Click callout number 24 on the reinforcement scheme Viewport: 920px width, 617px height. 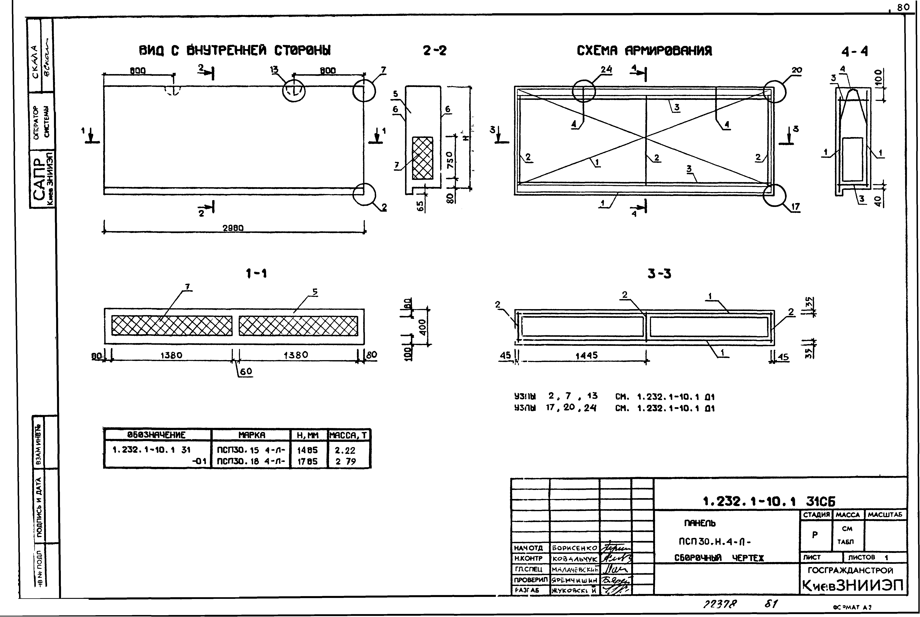coord(606,70)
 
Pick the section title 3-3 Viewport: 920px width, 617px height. coord(659,274)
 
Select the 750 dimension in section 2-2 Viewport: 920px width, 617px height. coord(450,159)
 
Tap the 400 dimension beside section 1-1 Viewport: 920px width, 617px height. coord(422,326)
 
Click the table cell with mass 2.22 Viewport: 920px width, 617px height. coord(345,450)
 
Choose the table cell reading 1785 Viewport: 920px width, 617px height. coord(307,462)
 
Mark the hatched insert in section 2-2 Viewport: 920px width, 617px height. coord(422,158)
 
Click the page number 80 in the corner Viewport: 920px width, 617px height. coord(903,7)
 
